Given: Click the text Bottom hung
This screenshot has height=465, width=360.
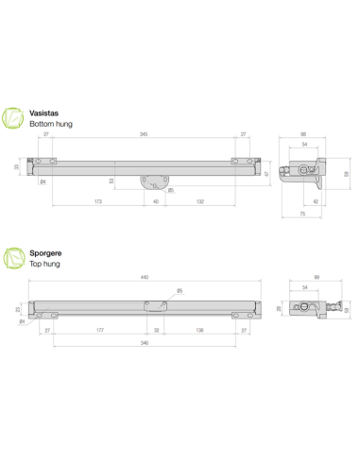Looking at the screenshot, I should tap(51, 124).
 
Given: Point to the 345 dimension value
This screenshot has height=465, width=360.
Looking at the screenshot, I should tap(143, 136).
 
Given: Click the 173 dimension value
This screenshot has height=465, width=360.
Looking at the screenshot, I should tap(98, 201).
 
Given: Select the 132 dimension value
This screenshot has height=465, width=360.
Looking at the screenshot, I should tap(199, 201).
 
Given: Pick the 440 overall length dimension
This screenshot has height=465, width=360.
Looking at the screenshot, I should tap(143, 277).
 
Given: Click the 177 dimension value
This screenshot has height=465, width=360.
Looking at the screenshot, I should tap(99, 331).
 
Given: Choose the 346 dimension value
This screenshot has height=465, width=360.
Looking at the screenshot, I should tap(143, 345).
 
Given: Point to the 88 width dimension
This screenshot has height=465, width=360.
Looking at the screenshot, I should tap(302, 136).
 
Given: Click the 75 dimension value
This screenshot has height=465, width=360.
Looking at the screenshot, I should tap(301, 215).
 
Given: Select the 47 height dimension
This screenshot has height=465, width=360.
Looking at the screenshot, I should tap(269, 174).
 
